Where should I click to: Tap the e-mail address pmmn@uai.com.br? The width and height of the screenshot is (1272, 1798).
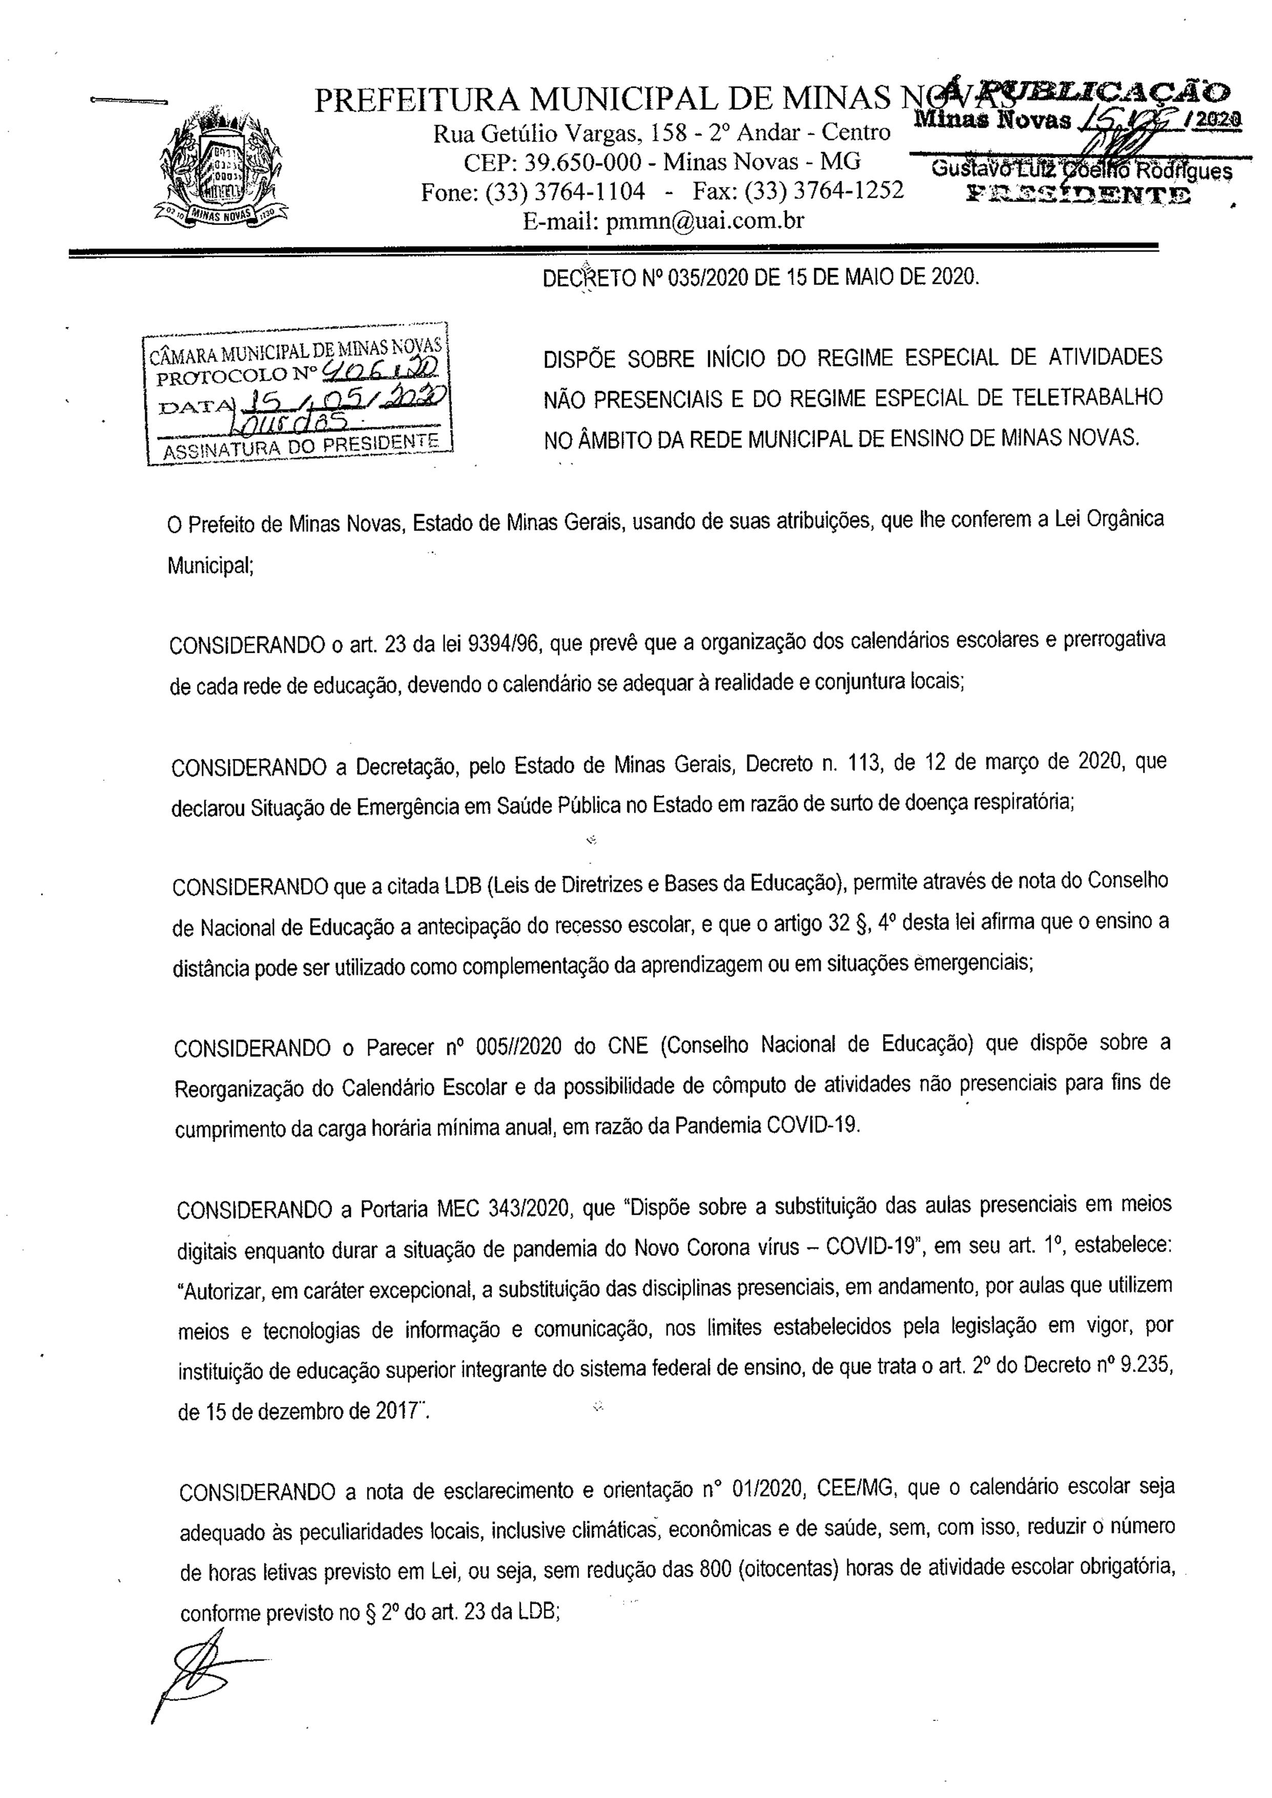(x=664, y=221)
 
